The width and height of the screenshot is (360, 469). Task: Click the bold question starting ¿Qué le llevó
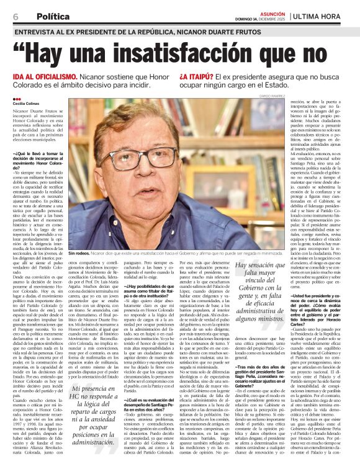[37, 155]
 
